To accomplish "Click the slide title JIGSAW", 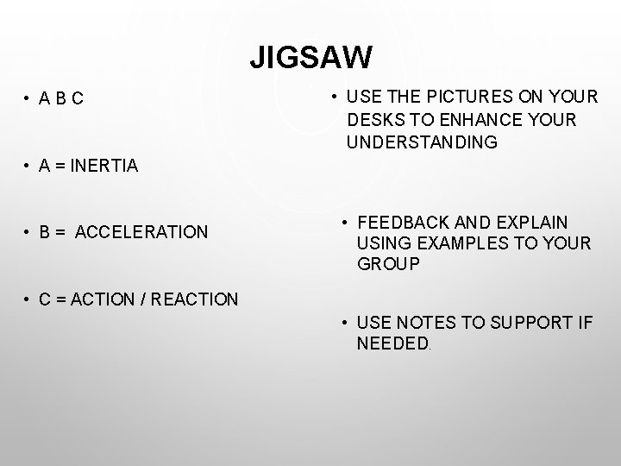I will tap(310, 58).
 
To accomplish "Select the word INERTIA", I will tap(106, 167).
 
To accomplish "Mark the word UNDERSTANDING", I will tap(422, 142).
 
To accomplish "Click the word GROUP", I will tap(388, 264).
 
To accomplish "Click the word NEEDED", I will tap(392, 344).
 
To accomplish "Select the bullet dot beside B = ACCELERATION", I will tap(28, 232).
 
